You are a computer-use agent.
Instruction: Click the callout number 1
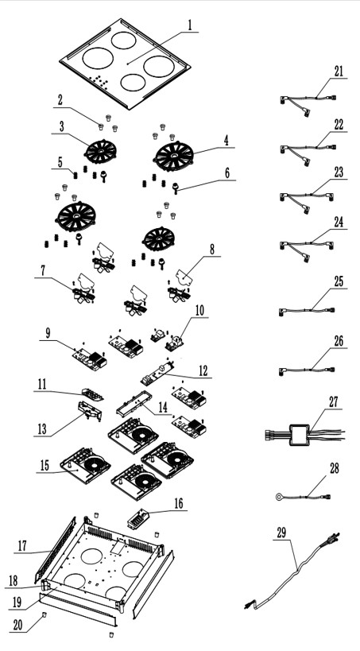190,25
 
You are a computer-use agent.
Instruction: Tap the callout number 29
281,533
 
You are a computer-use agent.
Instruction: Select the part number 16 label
178,503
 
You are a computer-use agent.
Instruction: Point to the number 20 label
17,626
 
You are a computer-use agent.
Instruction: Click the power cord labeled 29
292,572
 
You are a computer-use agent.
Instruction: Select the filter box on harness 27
300,435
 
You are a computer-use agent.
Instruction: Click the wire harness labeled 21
308,101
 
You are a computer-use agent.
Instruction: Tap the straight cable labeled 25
307,311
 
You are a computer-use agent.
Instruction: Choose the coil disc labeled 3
101,151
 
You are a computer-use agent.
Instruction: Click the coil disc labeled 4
174,156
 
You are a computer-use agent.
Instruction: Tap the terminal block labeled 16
137,519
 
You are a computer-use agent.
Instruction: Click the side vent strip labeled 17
55,549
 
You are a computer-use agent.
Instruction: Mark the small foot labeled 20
45,614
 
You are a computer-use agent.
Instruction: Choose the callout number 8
212,249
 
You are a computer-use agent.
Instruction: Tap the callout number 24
339,222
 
